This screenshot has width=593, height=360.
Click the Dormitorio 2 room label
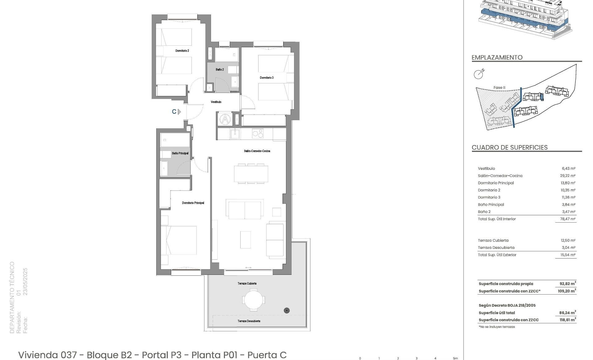tap(182, 51)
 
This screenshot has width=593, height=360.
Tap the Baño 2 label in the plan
tap(220, 70)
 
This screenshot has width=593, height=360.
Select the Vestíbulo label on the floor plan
tap(216, 102)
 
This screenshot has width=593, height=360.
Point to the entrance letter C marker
tap(174, 112)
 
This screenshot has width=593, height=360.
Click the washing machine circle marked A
tap(225, 119)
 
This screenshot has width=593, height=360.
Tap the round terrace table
tap(254, 299)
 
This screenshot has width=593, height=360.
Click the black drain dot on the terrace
tap(287, 310)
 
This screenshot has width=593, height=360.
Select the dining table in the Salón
tap(251, 174)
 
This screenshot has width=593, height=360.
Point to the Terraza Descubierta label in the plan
tap(249, 321)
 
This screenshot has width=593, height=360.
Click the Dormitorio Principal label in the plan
tap(193, 203)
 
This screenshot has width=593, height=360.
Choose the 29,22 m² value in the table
tap(569, 176)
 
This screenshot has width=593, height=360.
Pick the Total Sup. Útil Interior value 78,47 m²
tap(568, 219)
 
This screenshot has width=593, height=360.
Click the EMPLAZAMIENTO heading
tap(497, 57)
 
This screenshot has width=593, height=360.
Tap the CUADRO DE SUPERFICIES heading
tap(510, 148)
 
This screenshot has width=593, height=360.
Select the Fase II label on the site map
tap(499, 88)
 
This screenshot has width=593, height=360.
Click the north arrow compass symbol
tap(479, 74)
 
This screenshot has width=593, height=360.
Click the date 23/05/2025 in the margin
tap(26, 282)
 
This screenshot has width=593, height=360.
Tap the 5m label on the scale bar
tap(455, 358)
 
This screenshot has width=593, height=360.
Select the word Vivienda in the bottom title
tap(39, 355)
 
